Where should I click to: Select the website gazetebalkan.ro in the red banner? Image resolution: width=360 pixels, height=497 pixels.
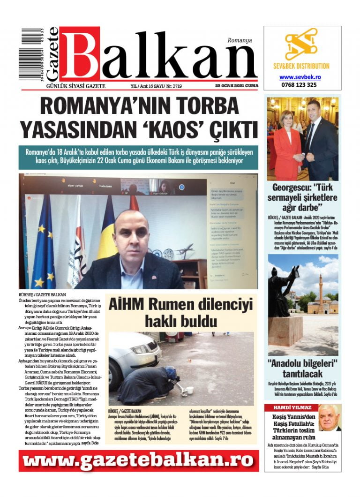[x=138, y=461]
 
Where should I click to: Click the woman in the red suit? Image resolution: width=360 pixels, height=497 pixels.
[x=286, y=141]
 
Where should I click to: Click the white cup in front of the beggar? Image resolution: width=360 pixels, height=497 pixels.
[x=190, y=390]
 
